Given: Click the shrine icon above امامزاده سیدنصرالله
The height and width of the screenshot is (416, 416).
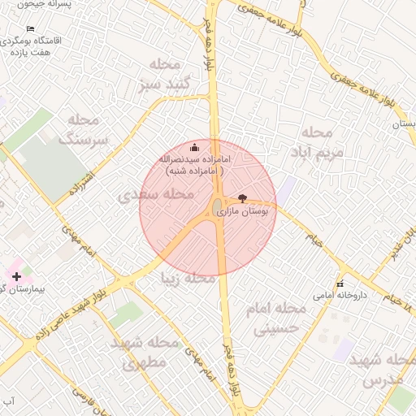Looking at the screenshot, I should [194, 148].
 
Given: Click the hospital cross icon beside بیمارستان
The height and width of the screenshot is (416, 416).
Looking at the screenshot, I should [17, 277].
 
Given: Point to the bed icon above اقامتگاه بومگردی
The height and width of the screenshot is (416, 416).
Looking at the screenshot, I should [31, 29].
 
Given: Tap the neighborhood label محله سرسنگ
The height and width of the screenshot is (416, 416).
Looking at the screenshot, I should [89, 130].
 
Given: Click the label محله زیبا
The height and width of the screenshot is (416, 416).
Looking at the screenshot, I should [189, 279].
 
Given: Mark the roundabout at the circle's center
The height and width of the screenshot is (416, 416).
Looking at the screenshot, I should [219, 208].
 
